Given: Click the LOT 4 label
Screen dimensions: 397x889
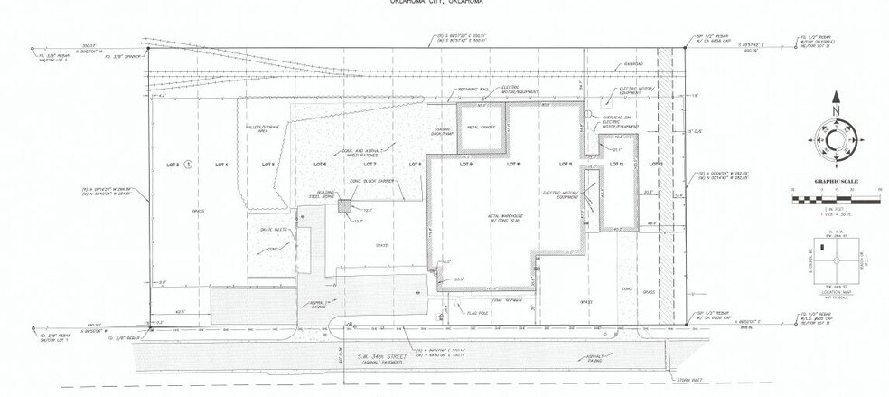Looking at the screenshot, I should coord(219,165).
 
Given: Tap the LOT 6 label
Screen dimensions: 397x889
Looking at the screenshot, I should coord(319,165).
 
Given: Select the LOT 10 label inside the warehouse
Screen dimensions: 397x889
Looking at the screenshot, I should coord(515,165).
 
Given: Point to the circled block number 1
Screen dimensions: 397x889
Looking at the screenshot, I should coord(189,165).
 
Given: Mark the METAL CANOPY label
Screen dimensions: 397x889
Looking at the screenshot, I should coord(479,128).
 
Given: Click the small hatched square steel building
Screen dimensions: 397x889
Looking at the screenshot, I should coord(345,205).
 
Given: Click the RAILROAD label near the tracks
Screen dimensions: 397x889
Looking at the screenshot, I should coord(632,65).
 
